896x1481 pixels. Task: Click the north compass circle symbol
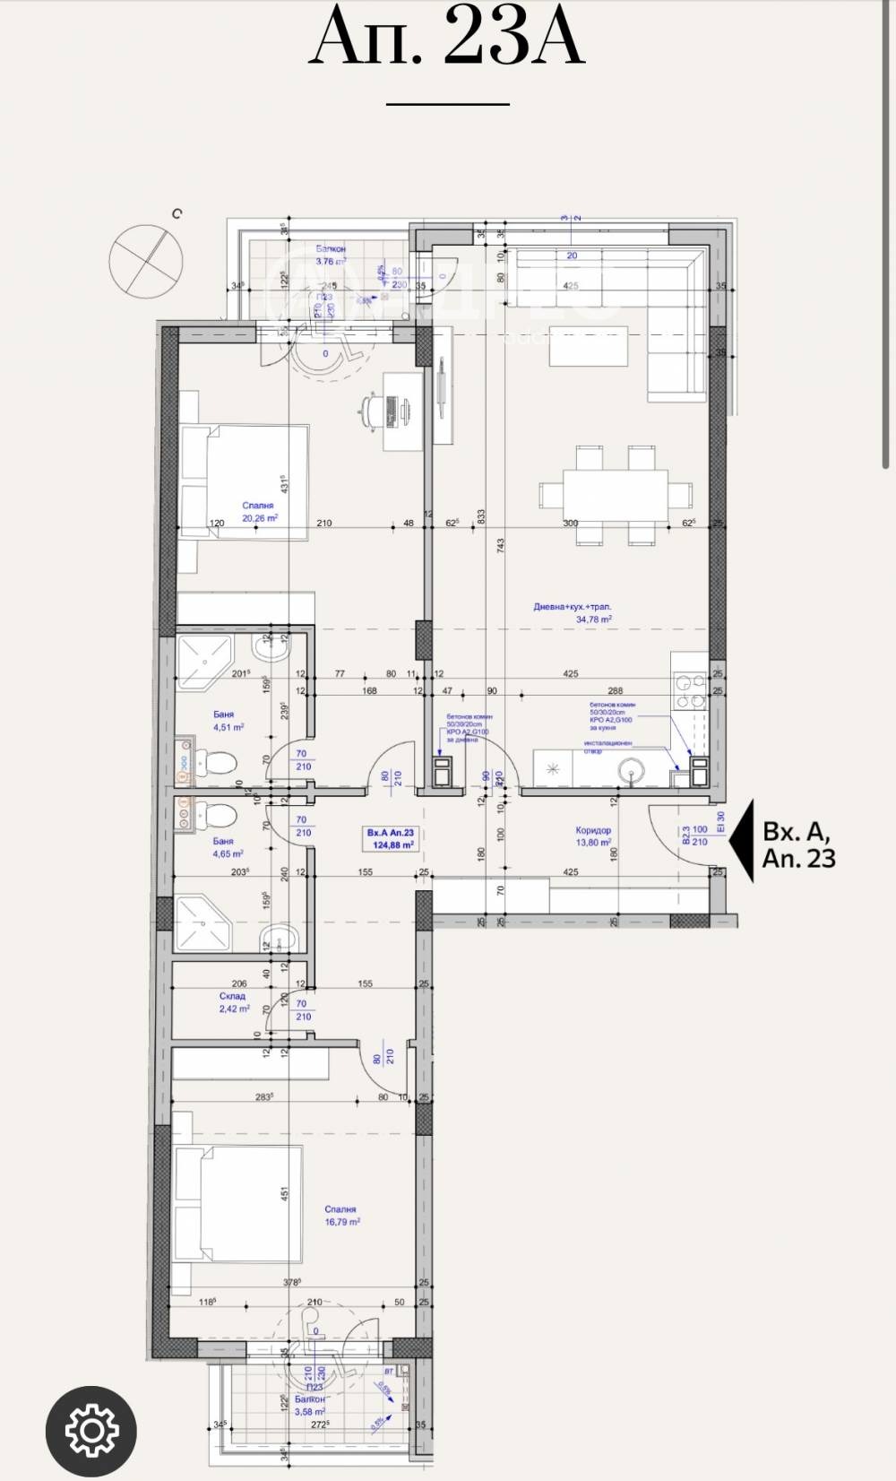point(145,260)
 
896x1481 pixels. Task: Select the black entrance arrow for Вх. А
point(740,842)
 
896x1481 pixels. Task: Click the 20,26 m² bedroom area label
point(259,512)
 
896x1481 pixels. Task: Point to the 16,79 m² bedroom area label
point(341,1216)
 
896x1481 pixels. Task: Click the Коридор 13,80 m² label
point(593,836)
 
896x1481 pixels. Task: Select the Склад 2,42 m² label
point(233,1002)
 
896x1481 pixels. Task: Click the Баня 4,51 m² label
point(228,721)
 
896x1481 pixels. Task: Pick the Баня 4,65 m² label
point(227,847)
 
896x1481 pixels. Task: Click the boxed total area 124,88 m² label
point(391,838)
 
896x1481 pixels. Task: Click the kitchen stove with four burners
point(688,691)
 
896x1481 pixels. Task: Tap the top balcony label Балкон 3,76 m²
point(331,255)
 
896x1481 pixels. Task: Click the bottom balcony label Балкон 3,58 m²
point(309,1405)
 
